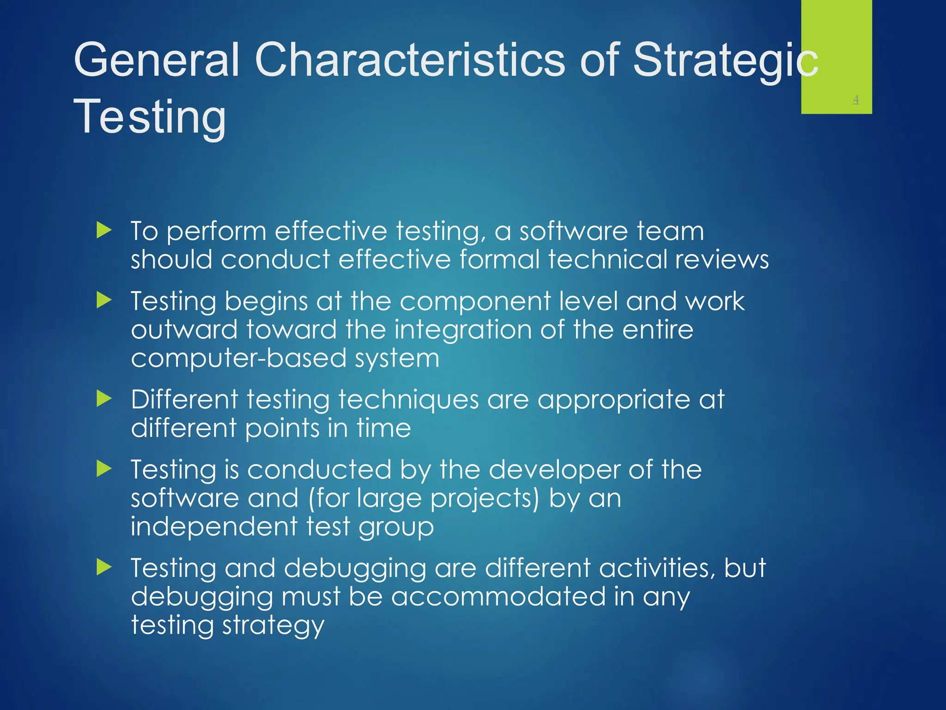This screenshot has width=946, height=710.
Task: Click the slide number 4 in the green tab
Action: point(855,99)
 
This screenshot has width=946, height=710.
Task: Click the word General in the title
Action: point(157,60)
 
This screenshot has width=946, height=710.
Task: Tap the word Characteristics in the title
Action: point(410,60)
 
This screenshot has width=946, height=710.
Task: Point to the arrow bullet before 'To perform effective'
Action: point(104,230)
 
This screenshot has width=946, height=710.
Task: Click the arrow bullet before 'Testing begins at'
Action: point(104,300)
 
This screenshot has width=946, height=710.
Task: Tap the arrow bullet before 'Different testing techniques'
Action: point(104,398)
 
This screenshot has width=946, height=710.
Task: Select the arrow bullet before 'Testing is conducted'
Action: point(104,469)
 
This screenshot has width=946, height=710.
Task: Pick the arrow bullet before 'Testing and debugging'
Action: point(104,567)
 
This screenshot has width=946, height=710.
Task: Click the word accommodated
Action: point(498,596)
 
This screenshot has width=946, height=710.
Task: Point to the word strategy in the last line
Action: point(273,626)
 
